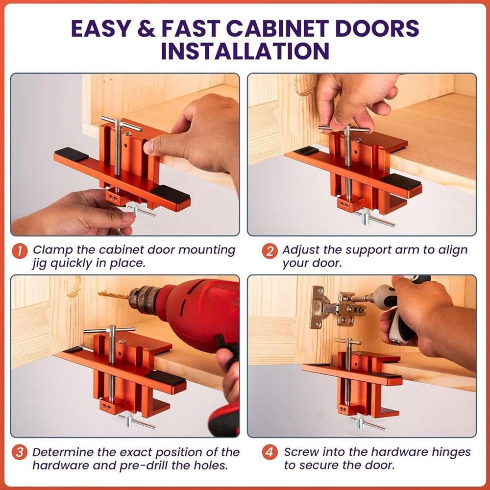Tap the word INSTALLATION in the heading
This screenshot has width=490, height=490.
coord(245,51)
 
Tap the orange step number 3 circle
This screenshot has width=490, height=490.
coord(20,452)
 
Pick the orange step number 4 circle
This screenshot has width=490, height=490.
coord(269,452)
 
